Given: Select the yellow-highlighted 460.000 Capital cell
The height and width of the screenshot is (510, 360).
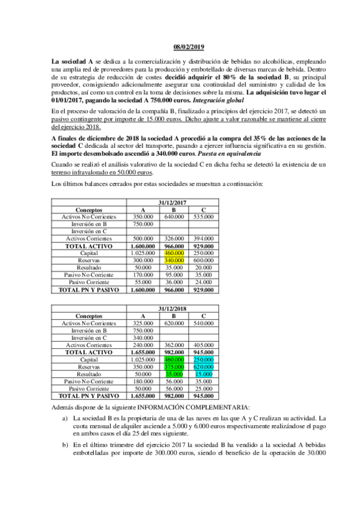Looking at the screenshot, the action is coord(173,254).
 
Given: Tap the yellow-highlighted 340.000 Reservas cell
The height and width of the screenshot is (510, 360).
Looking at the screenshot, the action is coord(173,261).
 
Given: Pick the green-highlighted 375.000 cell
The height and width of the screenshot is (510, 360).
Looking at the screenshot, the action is coord(173,366).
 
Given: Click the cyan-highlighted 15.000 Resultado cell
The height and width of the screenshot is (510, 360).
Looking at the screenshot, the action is coord(203,373).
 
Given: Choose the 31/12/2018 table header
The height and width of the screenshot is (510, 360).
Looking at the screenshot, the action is coord(173,309).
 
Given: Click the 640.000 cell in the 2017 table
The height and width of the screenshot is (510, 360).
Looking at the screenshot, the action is coord(173,217).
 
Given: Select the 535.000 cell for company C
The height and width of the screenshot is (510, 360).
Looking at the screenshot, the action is coord(203,217).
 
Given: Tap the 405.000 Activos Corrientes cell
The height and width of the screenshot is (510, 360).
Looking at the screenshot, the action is coord(203,345).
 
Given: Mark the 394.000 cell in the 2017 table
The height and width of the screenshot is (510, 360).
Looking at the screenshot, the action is coord(203,239).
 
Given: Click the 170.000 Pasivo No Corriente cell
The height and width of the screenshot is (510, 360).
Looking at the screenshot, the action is coord(143,275).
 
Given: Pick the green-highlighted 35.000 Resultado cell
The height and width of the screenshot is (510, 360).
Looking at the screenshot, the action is coord(173,373).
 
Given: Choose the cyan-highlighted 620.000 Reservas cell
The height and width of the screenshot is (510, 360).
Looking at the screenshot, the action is coord(203,366).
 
